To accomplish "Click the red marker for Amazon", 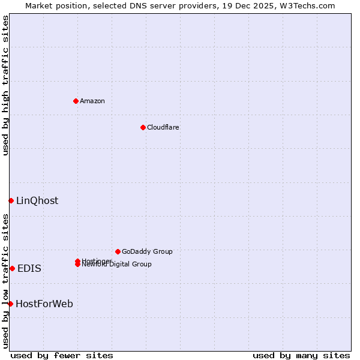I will (x=76, y=101).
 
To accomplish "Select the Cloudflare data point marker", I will (x=143, y=127).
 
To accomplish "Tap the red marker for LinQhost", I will (x=11, y=200).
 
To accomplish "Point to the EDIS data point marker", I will (x=12, y=268).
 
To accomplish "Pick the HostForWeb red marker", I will (x=10, y=304).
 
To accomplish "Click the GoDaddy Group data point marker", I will (x=118, y=251).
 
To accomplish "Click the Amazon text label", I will (x=92, y=101).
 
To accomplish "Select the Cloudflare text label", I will (x=163, y=127).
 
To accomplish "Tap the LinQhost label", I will (x=37, y=201).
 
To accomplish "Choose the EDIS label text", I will (x=29, y=269).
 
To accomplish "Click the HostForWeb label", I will (x=44, y=304).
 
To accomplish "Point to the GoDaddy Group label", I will (x=147, y=251).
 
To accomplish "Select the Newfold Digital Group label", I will (x=118, y=265).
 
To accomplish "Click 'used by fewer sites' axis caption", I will (x=62, y=355).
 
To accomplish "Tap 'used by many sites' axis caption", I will (x=301, y=355).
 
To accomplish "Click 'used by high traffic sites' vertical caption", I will (x=5, y=85).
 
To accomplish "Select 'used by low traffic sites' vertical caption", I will (x=5, y=280).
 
